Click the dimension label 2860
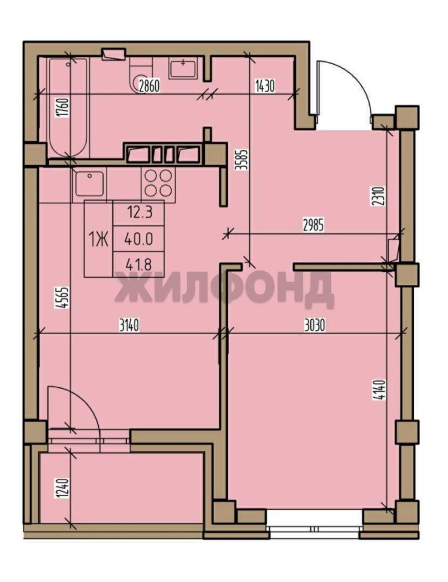click(x=149, y=86)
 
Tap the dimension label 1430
click(x=265, y=86)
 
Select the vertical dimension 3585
click(x=244, y=159)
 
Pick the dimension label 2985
click(x=313, y=226)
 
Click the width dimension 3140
click(x=129, y=326)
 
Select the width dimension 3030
click(x=314, y=326)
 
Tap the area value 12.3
click(x=140, y=213)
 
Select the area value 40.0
click(x=139, y=239)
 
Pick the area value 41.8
click(x=138, y=265)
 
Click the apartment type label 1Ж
click(x=98, y=239)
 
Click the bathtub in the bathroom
click(x=69, y=108)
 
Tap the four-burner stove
click(x=158, y=182)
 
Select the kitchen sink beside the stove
click(x=90, y=183)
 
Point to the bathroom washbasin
click(x=183, y=69)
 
